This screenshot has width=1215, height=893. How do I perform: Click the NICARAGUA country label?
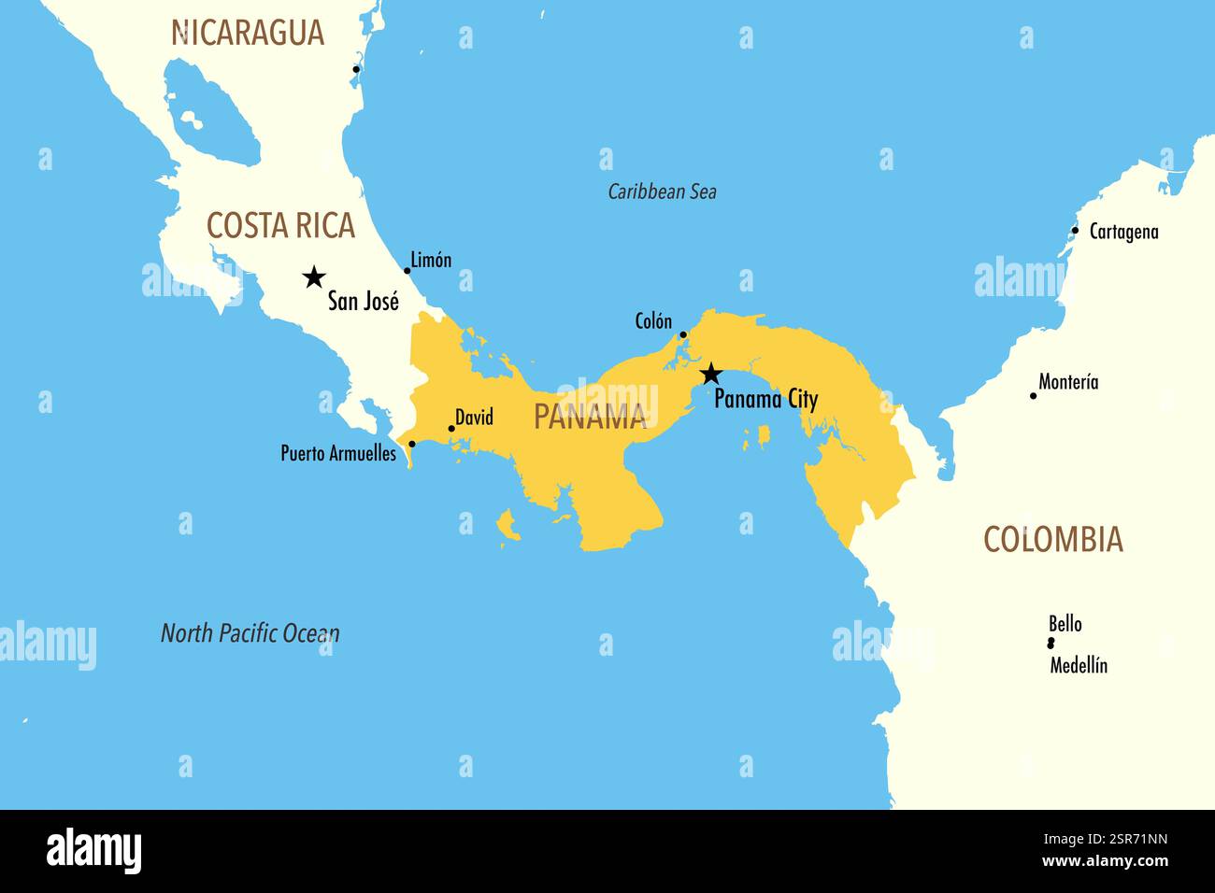point(248,33)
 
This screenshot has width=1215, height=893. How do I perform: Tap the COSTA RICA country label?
point(280,226)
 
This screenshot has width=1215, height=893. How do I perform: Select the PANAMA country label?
point(590,417)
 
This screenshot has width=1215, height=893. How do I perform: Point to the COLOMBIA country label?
point(1052,540)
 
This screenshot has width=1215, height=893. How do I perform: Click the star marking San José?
point(314,276)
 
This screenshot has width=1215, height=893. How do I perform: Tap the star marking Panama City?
point(710,375)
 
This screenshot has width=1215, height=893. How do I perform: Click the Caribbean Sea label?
point(662,192)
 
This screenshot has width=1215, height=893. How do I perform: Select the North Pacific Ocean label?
point(250,633)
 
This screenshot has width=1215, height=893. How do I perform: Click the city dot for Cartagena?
point(1075,231)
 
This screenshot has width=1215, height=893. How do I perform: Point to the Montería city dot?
point(1033,396)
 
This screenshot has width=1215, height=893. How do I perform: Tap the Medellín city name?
point(1079,666)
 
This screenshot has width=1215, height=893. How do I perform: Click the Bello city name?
point(1065,624)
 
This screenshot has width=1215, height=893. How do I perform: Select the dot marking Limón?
point(407,271)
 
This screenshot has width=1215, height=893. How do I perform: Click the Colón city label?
point(653,321)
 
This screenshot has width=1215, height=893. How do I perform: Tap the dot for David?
point(451,429)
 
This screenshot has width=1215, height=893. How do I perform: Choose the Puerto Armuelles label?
point(338,454)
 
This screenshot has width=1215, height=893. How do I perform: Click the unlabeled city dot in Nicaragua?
point(356,69)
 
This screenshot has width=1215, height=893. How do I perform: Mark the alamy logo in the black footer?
point(93,851)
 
